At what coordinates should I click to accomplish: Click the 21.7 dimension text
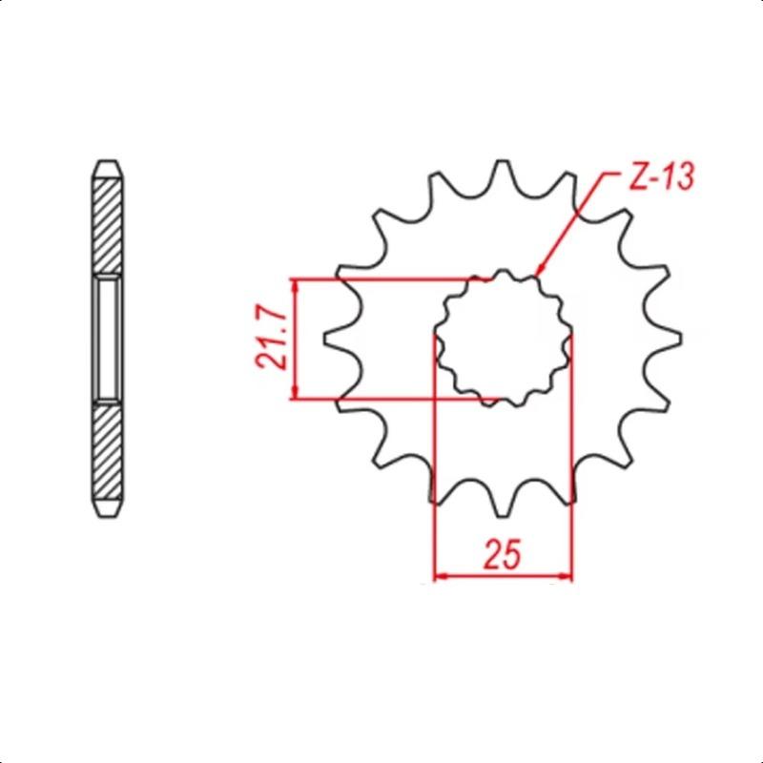[x=271, y=339]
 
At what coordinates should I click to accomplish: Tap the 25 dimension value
[x=502, y=554]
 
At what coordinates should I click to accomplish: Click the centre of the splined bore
[x=503, y=339]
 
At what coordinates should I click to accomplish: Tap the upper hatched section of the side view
[x=107, y=226]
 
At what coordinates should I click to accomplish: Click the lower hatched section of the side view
[x=107, y=452]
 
